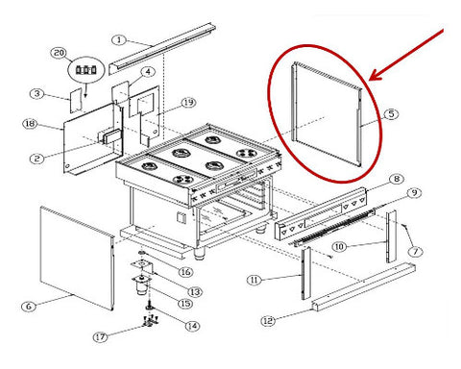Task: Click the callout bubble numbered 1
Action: [x=119, y=40]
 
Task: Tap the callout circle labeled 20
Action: [x=59, y=53]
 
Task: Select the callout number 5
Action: [x=391, y=113]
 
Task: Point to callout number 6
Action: [x=29, y=307]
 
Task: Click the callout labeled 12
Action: [x=268, y=321]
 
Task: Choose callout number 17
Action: [x=101, y=337]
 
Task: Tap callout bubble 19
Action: [x=188, y=103]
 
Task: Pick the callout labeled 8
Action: [x=397, y=179]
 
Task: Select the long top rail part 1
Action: [x=162, y=48]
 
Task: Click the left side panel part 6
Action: [x=77, y=258]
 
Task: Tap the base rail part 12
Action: [x=363, y=286]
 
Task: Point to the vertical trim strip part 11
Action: [x=305, y=273]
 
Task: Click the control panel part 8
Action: [x=320, y=214]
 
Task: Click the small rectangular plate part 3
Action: [x=76, y=101]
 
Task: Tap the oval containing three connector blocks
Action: [x=86, y=70]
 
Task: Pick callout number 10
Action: [x=339, y=247]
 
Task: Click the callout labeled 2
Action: [x=37, y=159]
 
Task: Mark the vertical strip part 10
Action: [x=391, y=236]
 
